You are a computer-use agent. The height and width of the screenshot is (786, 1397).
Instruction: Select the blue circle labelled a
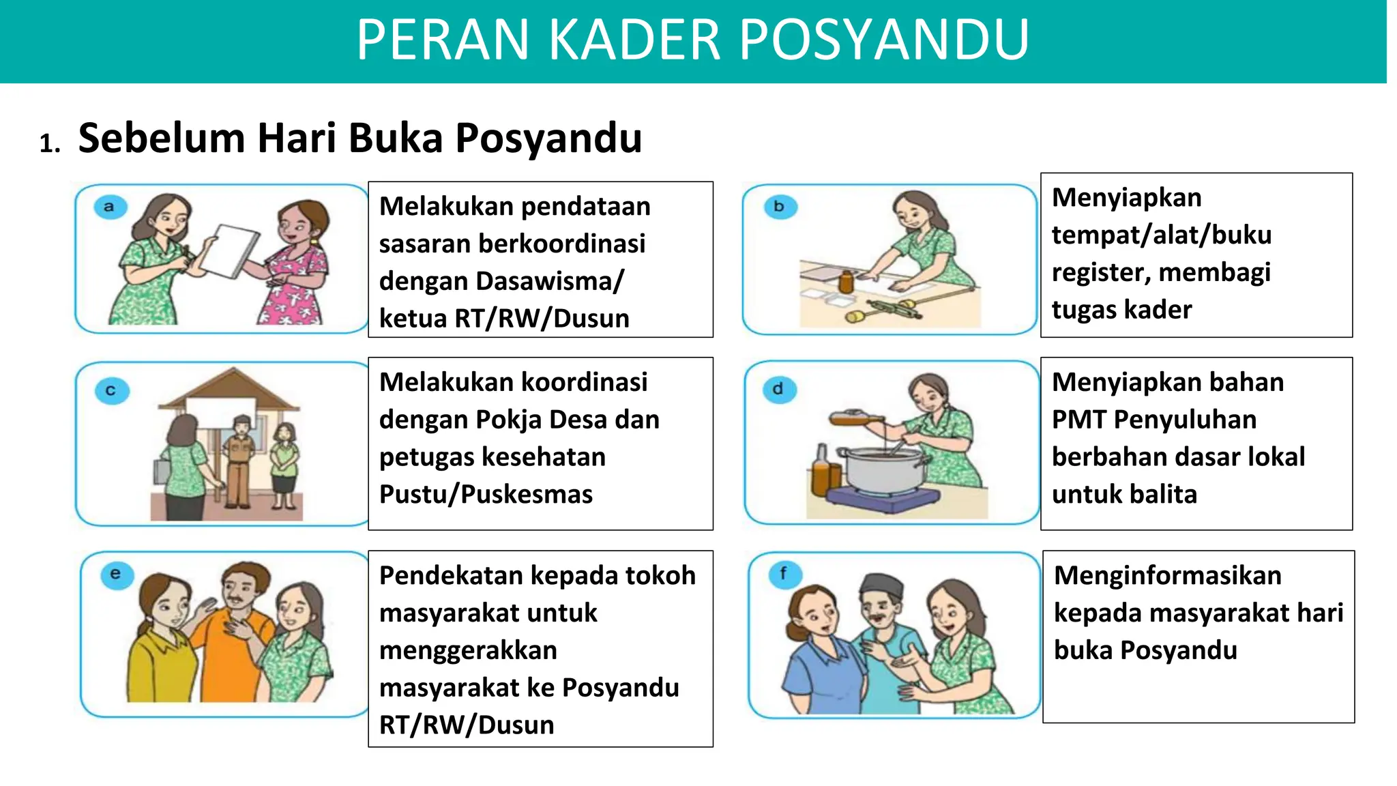click(109, 206)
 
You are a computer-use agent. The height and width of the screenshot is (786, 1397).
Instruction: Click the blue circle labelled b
click(779, 206)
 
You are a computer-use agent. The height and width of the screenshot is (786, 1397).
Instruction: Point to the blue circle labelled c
click(111, 391)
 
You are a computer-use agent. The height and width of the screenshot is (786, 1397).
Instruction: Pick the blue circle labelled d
click(778, 389)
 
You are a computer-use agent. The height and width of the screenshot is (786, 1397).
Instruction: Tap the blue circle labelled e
click(115, 574)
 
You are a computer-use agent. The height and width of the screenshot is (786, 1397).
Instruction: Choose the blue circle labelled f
click(783, 573)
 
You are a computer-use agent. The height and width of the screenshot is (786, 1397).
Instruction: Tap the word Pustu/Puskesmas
click(486, 494)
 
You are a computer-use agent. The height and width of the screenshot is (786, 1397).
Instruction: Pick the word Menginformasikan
click(1167, 575)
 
